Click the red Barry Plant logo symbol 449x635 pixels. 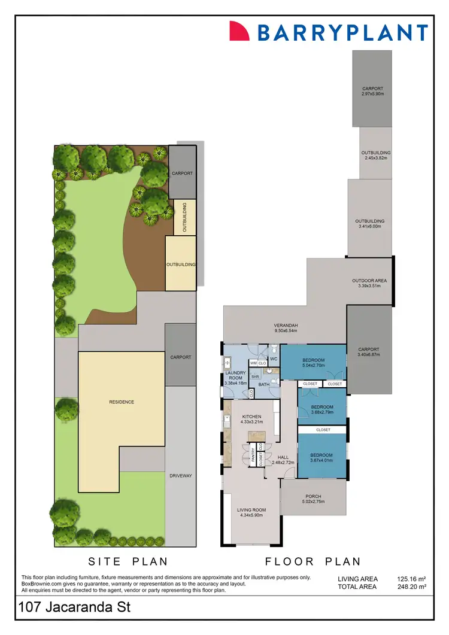click(239, 31)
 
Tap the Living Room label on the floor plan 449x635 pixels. click(252, 513)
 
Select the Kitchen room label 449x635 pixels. click(252, 419)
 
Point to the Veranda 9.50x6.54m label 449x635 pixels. click(286, 328)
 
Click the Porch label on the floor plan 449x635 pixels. click(313, 499)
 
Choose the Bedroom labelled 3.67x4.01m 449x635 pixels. click(321, 458)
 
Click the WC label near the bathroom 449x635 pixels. click(273, 358)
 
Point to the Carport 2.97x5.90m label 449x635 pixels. click(372, 92)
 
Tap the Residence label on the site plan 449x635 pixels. click(121, 402)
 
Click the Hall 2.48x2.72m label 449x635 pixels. click(283, 460)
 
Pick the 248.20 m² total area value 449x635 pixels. click(411, 587)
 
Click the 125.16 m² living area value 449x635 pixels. click(411, 579)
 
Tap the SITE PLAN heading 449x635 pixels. click(128, 561)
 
